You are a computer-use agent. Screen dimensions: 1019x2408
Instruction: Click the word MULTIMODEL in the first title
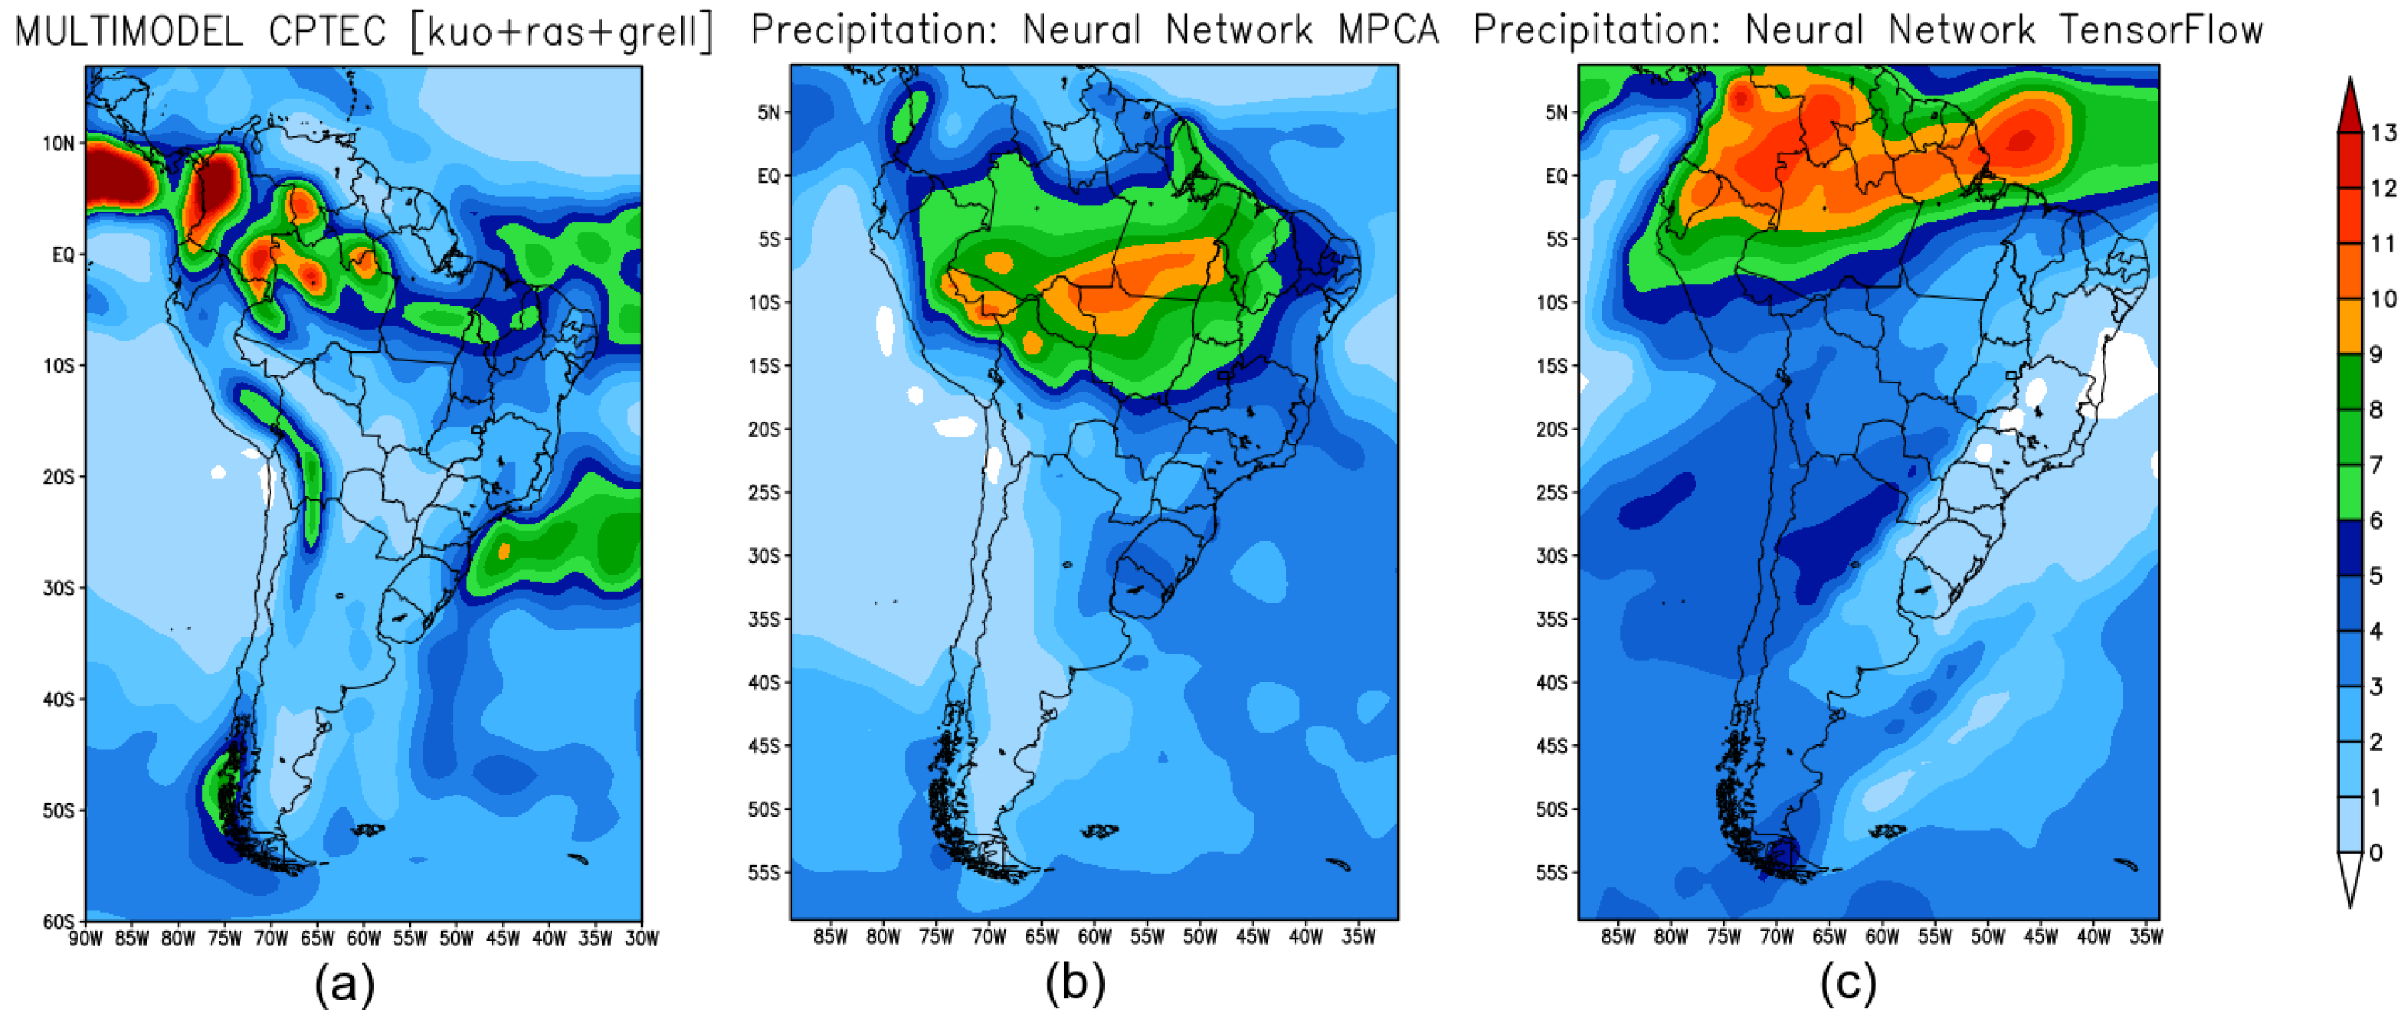(129, 32)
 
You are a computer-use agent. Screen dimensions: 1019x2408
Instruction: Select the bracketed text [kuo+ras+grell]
(561, 32)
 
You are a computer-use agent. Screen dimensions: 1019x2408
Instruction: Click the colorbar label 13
(2382, 133)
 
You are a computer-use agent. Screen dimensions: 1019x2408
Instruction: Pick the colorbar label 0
(2375, 852)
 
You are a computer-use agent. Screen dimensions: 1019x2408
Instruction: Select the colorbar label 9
(2375, 354)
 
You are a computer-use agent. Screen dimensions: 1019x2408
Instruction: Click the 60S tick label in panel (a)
(58, 922)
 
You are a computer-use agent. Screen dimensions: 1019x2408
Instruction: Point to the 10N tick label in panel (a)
(58, 143)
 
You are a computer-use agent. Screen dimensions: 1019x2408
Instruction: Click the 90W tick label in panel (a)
(85, 938)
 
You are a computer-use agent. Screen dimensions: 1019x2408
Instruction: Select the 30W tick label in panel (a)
(641, 938)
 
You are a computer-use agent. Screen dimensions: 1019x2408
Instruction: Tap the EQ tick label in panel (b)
(768, 176)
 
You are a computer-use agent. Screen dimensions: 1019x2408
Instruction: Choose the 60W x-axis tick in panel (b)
(1095, 937)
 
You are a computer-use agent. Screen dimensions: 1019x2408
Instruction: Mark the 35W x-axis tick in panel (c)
(2145, 937)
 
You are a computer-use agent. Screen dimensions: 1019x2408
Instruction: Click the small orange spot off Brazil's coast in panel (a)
(504, 551)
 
